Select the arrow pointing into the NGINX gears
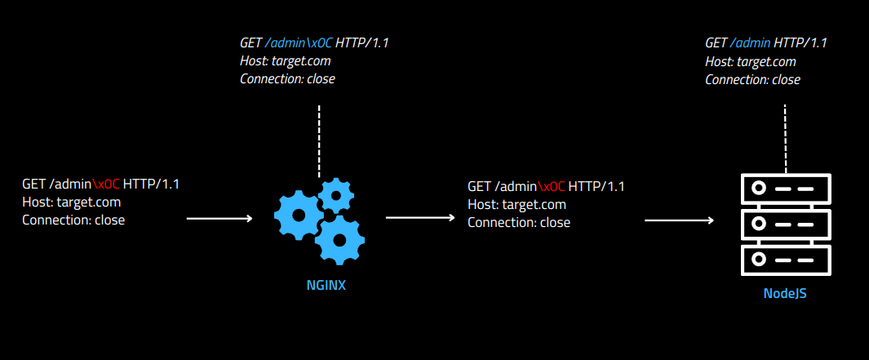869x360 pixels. [x=219, y=219]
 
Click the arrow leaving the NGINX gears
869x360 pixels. [x=419, y=218]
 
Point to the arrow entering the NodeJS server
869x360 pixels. [x=679, y=220]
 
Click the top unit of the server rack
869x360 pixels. [x=784, y=189]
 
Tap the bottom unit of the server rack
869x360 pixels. [x=784, y=259]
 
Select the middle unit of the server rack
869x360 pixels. [x=784, y=224]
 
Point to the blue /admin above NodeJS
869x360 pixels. [x=751, y=43]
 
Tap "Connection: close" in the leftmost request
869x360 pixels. [x=73, y=220]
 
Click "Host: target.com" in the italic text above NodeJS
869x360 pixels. [x=750, y=61]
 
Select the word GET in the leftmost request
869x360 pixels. [x=35, y=184]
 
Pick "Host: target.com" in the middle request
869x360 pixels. [x=517, y=204]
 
